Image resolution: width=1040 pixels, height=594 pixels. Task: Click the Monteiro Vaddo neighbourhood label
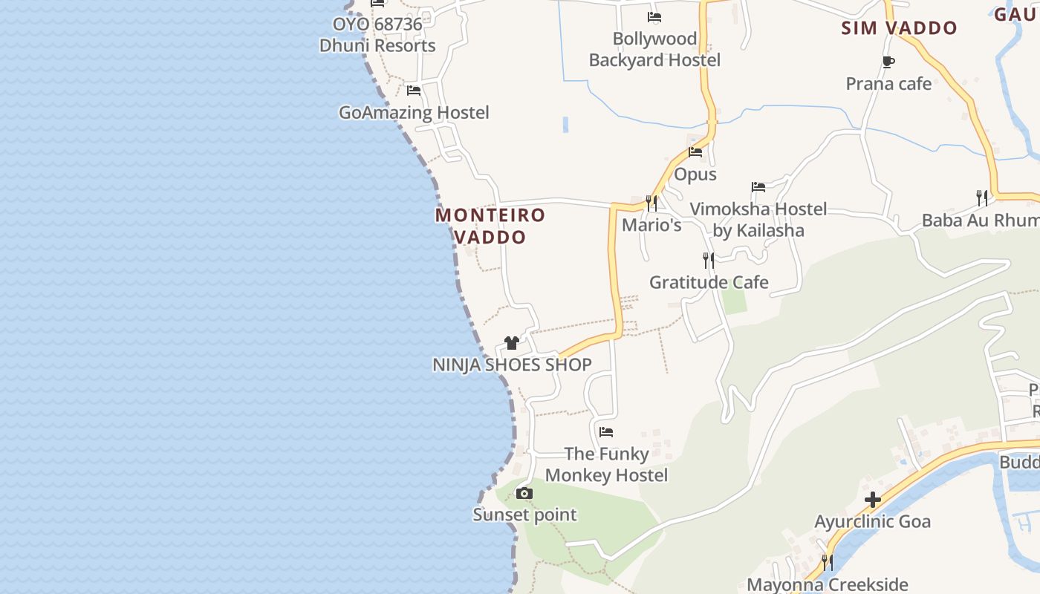pos(490,226)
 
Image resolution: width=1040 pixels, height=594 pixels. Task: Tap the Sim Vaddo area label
pos(899,28)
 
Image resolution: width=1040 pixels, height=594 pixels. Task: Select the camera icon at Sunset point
pos(524,493)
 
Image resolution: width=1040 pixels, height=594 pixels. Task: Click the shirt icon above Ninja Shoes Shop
pos(512,342)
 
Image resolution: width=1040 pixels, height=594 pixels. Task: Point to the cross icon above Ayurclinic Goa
pos(873,500)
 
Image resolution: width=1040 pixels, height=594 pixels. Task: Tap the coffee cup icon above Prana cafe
pos(888,62)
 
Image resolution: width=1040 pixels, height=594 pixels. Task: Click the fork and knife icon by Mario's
pos(651,203)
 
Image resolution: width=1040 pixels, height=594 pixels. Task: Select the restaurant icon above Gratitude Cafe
pos(709,260)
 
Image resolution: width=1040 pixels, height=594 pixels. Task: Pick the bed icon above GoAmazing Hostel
pos(414,91)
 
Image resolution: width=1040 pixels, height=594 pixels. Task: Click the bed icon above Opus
pos(695,152)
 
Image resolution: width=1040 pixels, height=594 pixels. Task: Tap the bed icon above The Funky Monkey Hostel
pos(606,431)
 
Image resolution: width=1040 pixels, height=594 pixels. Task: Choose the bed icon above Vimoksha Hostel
pos(758,187)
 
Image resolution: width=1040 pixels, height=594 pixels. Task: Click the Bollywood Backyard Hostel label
pos(654,49)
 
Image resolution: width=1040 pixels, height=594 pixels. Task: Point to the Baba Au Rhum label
pos(980,221)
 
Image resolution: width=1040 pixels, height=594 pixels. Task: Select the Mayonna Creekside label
pos(827,584)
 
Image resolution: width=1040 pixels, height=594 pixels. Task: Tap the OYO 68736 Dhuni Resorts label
pos(377,35)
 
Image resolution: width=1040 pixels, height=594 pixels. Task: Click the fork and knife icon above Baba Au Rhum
pos(982,198)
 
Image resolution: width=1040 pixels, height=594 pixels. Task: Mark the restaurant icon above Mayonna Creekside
pos(827,562)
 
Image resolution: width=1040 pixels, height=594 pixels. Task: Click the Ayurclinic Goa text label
pos(872,521)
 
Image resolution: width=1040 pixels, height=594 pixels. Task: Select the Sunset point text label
pos(524,515)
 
